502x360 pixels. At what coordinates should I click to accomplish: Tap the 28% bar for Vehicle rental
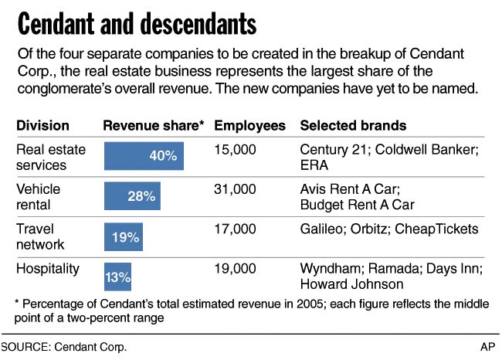(131, 196)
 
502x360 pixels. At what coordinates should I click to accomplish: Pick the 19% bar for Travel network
(122, 237)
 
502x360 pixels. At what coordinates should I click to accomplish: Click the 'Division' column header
(43, 125)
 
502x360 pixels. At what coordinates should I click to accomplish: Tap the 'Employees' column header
(249, 125)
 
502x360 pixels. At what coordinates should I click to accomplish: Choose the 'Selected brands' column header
(353, 125)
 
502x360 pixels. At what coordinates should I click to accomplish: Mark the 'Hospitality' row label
(47, 268)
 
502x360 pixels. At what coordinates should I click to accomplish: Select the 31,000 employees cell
(235, 189)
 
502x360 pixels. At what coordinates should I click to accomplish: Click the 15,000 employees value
(235, 150)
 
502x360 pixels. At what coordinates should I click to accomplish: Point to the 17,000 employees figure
(235, 229)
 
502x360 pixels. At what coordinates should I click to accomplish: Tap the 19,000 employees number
(235, 268)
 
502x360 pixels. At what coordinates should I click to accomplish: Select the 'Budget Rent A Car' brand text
(357, 205)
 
